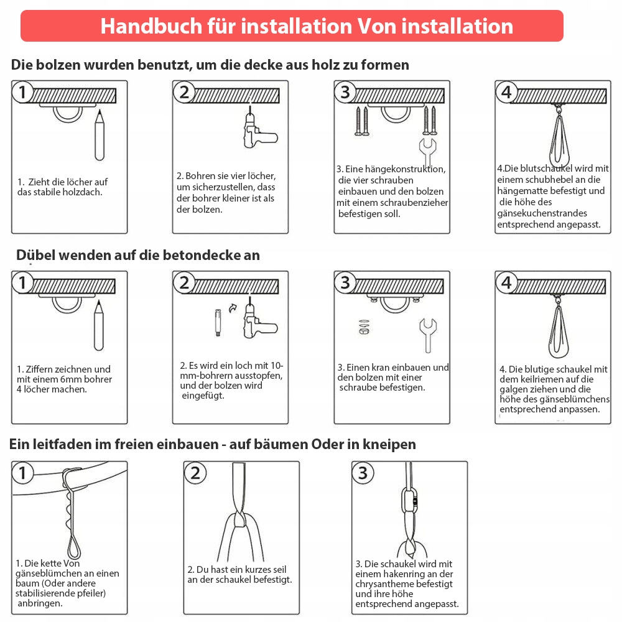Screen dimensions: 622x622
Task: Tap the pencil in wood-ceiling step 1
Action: [x=100, y=135]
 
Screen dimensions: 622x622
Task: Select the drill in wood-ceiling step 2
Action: [x=259, y=130]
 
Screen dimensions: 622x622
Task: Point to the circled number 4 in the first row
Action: [x=506, y=92]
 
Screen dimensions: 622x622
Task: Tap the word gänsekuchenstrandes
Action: [x=542, y=213]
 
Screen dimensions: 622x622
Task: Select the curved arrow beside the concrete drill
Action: [x=233, y=308]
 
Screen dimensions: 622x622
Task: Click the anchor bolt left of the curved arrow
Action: [x=218, y=322]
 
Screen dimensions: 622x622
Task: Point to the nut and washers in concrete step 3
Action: [x=364, y=327]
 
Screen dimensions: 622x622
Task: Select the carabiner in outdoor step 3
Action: [x=410, y=502]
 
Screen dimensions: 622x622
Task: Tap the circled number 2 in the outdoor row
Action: [x=195, y=473]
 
